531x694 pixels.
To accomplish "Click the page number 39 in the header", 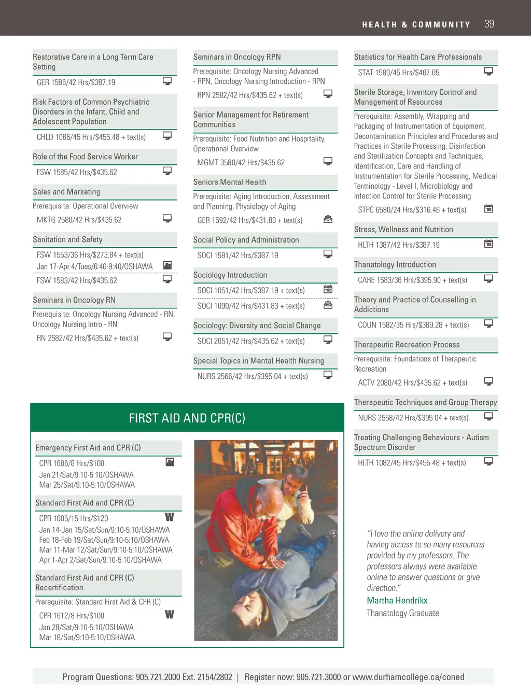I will pos(489,24).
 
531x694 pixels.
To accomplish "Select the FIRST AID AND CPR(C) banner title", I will pos(187,418).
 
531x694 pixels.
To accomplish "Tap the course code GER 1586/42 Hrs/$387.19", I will pos(76,82).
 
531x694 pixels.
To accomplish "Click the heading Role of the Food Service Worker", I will pos(86,157).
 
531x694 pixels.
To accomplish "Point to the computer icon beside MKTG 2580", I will pos(167,218).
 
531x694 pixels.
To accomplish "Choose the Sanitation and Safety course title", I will pos(67,239).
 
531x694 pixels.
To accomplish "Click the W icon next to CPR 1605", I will pos(170,517).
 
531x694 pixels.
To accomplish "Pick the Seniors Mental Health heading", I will pos(230,182).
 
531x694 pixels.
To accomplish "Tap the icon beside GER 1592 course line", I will pos(328,219).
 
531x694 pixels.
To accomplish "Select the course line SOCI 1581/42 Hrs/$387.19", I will pos(237,256).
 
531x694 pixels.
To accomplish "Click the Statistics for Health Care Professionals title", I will pos(418,57).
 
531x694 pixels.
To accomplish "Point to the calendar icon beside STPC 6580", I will pos(488,208).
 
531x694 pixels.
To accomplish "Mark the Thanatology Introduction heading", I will pos(395,264).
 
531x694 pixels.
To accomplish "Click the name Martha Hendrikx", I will pos(397,600).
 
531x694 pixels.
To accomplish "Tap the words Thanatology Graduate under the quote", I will pos(403,613).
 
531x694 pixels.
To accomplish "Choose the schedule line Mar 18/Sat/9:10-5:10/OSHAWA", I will pos(87,638).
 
